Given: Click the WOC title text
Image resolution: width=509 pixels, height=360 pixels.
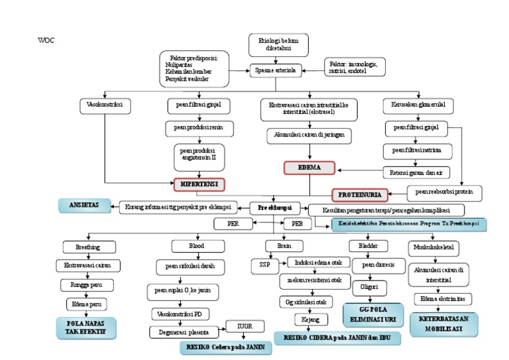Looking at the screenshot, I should click(x=46, y=40).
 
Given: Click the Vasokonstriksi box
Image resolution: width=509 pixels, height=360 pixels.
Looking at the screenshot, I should click(x=105, y=105).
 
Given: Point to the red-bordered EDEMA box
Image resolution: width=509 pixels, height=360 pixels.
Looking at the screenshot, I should click(x=310, y=168).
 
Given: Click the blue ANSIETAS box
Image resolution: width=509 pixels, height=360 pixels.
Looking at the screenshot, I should click(x=85, y=205).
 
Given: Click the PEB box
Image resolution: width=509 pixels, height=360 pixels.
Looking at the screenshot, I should click(x=297, y=224).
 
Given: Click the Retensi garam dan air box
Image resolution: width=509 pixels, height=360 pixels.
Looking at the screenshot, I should click(x=416, y=172).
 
